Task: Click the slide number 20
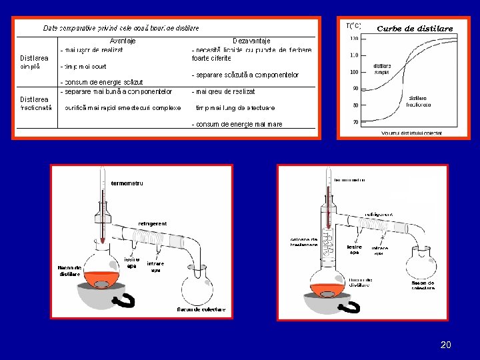pyautogui.click(x=446, y=345)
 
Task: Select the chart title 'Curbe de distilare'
pyautogui.click(x=415, y=29)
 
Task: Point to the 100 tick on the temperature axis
pyautogui.click(x=353, y=72)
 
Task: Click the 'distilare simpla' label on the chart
pyautogui.click(x=383, y=69)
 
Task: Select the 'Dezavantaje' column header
pyautogui.click(x=251, y=41)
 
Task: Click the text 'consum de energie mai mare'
pyautogui.click(x=237, y=124)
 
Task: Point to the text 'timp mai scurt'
pyautogui.click(x=83, y=67)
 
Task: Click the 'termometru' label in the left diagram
pyautogui.click(x=127, y=183)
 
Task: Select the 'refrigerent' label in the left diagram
pyautogui.click(x=153, y=223)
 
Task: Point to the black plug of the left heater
pyautogui.click(x=125, y=301)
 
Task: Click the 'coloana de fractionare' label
pyautogui.click(x=303, y=242)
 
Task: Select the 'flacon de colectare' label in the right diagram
pyautogui.click(x=423, y=285)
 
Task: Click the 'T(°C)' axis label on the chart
pyautogui.click(x=353, y=26)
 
